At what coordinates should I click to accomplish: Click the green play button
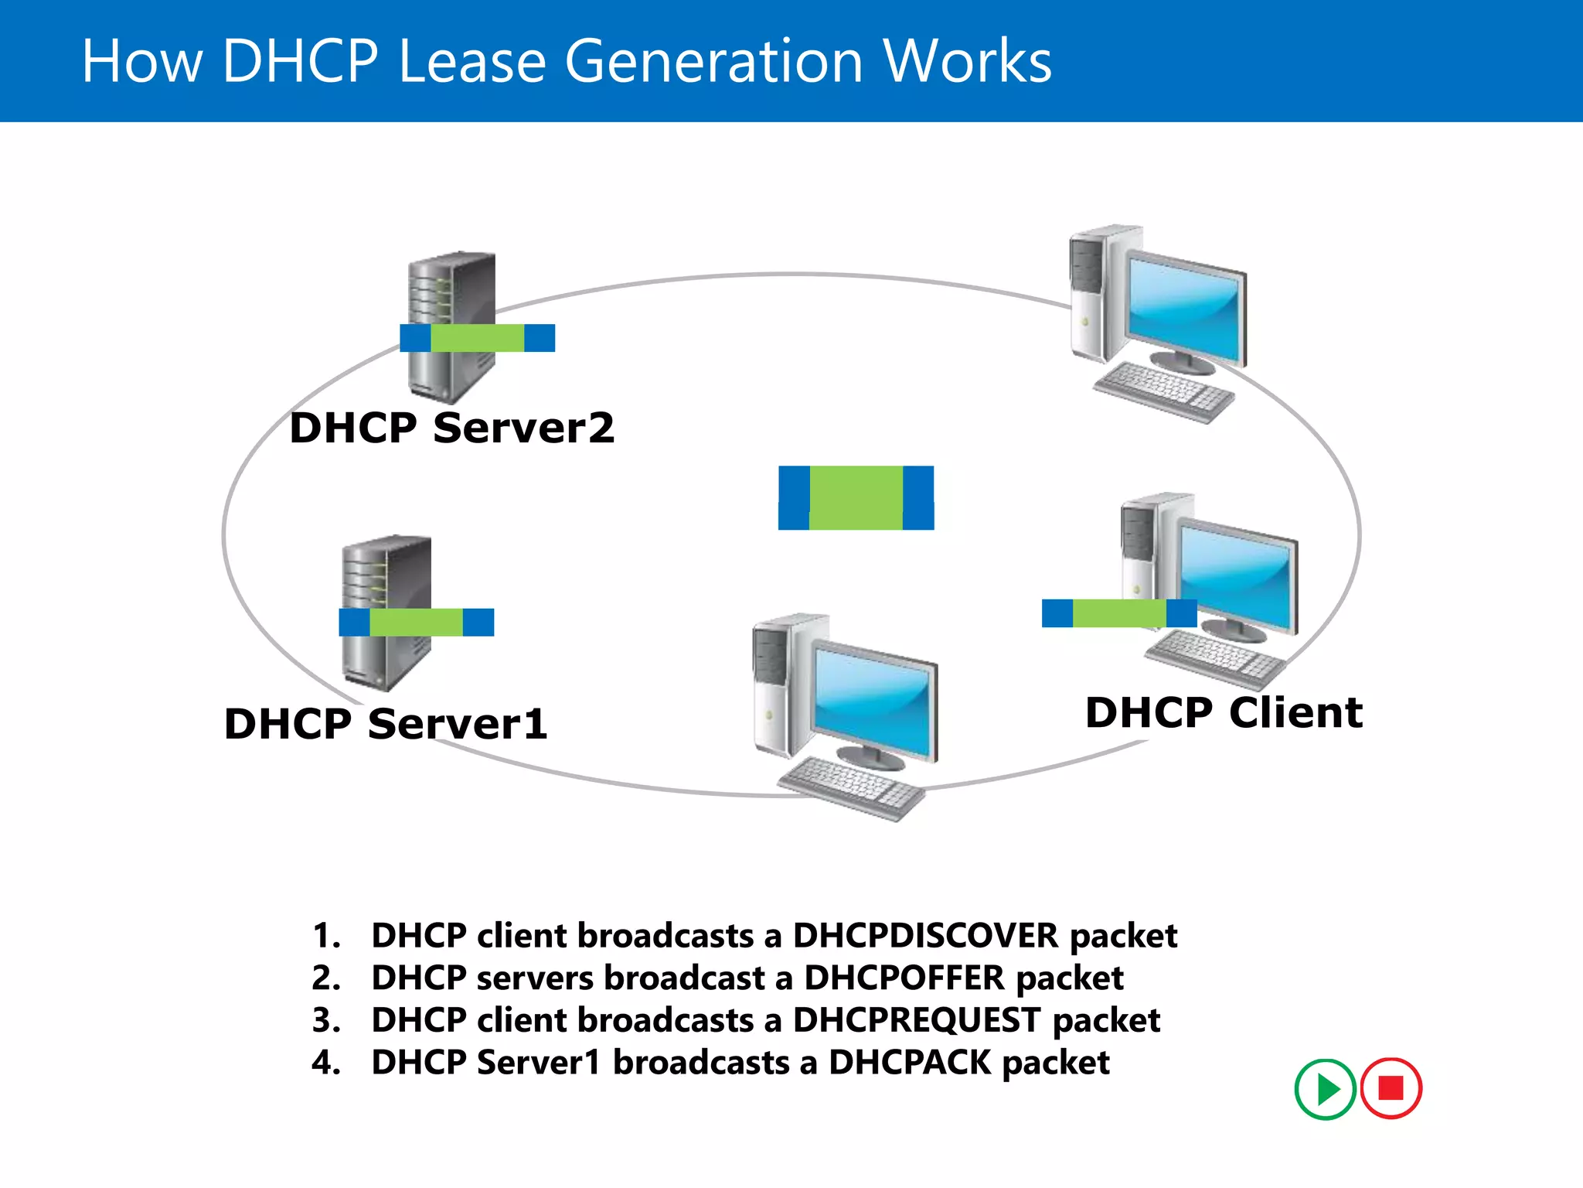point(1325,1089)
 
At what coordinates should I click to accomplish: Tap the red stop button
point(1391,1088)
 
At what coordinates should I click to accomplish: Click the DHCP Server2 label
point(452,428)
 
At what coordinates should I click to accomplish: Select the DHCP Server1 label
point(386,724)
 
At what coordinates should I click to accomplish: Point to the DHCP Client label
point(1224,712)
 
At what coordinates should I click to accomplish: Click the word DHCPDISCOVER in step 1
point(925,936)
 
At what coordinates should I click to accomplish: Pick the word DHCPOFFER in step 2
point(904,978)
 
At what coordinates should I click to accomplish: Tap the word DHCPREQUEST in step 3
point(917,1020)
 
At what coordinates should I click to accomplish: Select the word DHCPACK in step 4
point(909,1063)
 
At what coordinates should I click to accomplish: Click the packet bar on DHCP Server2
point(477,338)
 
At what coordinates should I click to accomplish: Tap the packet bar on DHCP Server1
point(416,622)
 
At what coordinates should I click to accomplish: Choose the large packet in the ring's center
point(856,497)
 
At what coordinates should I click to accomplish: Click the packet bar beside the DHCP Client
point(1118,613)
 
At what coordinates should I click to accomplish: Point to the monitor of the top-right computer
point(1184,307)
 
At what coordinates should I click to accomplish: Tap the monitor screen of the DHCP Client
point(1237,572)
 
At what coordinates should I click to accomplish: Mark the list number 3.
point(325,1020)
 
